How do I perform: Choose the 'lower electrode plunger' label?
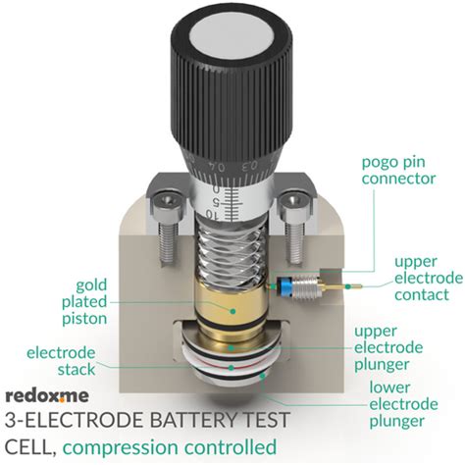[397, 403]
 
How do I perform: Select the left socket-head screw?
[166, 211]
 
